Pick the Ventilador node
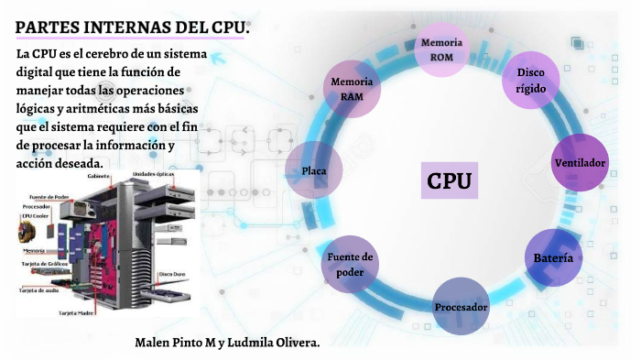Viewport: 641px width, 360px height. [x=580, y=162]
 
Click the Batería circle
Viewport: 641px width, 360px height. [x=552, y=257]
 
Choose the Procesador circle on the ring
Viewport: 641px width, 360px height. [x=461, y=306]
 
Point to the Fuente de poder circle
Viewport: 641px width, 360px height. [x=350, y=265]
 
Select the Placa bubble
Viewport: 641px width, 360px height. [x=315, y=170]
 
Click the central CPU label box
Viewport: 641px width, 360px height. [x=450, y=180]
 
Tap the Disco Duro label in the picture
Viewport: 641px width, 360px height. [x=173, y=274]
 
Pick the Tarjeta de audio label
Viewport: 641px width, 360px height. [x=40, y=289]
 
